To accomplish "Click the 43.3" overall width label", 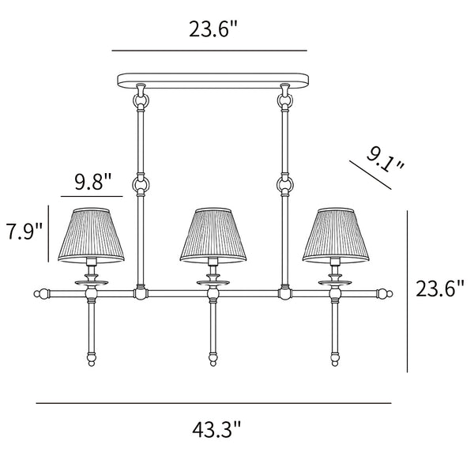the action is pyautogui.click(x=216, y=429).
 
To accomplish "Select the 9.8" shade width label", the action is pyautogui.click(x=93, y=182).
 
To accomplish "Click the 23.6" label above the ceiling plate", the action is pyautogui.click(x=213, y=28).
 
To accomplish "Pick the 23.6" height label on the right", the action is pyautogui.click(x=440, y=288).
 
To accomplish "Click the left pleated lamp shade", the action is pyautogui.click(x=91, y=235).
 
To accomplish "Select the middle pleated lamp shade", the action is pyautogui.click(x=213, y=235).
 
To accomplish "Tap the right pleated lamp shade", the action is pyautogui.click(x=336, y=235).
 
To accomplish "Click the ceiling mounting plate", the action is pyautogui.click(x=213, y=81).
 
